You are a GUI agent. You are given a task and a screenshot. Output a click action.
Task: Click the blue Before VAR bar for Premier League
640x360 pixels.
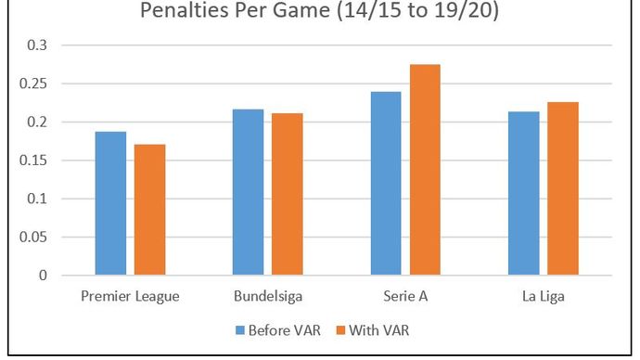[x=110, y=203]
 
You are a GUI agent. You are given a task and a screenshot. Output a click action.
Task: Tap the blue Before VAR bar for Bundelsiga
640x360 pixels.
[x=248, y=192]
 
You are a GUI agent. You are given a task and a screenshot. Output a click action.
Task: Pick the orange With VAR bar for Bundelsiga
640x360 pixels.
[x=287, y=194]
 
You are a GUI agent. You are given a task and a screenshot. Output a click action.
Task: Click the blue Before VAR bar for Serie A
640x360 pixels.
[x=386, y=183]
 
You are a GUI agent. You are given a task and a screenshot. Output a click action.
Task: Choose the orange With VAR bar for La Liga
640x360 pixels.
[x=563, y=188]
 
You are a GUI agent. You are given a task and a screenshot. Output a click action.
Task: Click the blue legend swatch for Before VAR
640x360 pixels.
[x=241, y=328]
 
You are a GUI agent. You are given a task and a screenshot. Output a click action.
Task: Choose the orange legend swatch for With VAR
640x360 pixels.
[x=340, y=328]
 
